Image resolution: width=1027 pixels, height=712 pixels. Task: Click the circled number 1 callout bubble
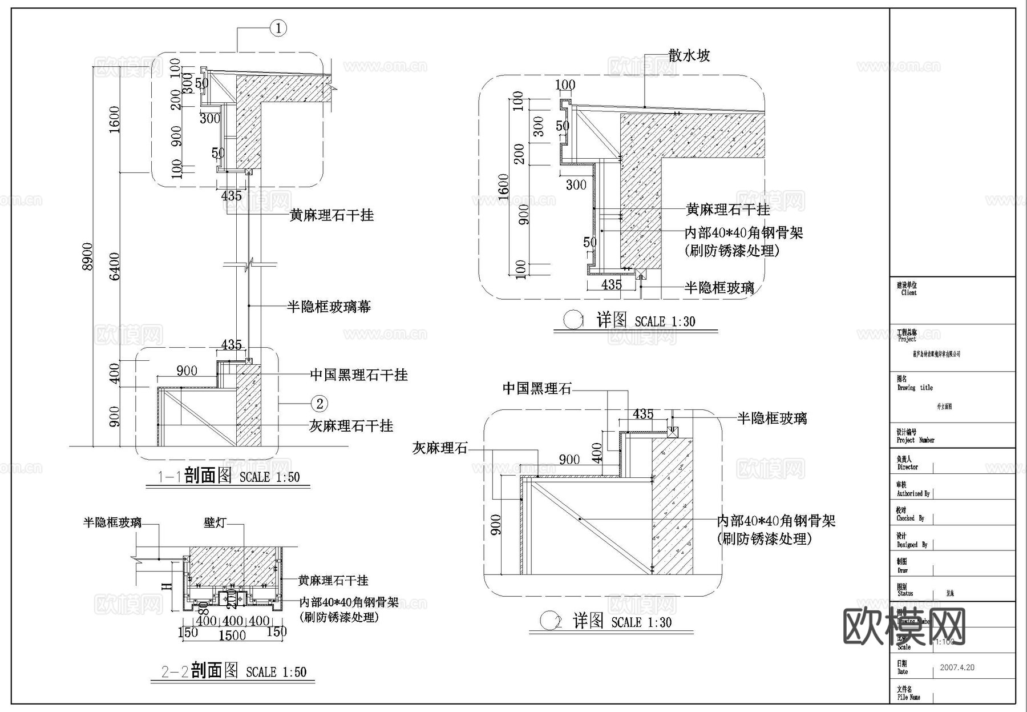(x=278, y=28)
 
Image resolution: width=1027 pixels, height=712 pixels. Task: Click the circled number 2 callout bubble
(x=320, y=404)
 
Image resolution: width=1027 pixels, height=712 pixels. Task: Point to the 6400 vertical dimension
(x=115, y=266)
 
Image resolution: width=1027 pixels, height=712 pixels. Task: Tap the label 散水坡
(x=689, y=55)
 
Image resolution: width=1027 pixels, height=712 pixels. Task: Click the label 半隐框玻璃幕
(x=329, y=307)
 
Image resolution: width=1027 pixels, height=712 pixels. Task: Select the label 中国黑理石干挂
(x=359, y=375)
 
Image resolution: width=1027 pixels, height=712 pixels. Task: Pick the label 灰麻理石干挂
(x=351, y=425)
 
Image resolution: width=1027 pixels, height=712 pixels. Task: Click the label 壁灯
(x=215, y=522)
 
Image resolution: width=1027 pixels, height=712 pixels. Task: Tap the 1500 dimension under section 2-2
(x=232, y=635)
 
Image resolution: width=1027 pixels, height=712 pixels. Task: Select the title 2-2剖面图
(x=199, y=671)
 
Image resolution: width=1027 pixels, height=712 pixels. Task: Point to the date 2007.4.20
(x=957, y=667)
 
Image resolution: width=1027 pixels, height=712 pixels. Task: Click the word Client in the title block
(x=909, y=293)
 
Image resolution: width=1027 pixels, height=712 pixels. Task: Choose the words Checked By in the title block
(x=910, y=518)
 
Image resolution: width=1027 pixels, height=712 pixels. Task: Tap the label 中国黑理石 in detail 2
(x=536, y=389)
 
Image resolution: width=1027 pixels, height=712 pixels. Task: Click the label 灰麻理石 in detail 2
(x=439, y=448)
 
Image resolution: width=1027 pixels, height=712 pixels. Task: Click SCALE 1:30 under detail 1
(x=665, y=322)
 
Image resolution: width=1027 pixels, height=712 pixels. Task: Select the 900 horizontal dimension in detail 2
(x=569, y=460)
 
